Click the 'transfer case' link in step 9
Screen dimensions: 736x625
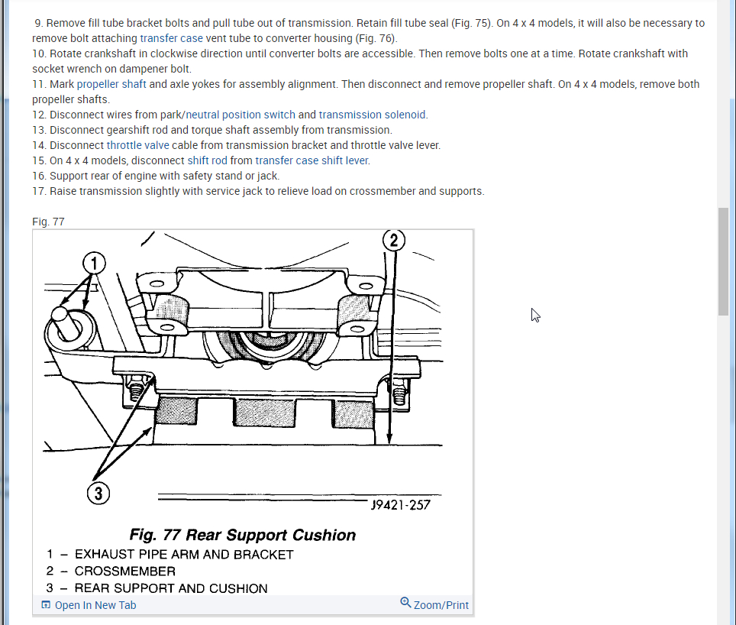171,38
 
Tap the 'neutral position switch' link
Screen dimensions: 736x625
240,115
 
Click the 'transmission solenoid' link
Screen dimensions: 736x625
373,115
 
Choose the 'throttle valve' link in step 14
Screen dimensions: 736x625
137,145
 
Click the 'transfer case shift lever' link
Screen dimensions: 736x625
312,160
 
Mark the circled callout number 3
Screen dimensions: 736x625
98,494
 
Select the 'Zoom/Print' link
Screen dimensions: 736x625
434,605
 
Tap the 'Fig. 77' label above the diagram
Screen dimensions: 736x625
48,222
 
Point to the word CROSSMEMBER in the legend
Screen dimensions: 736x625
124,572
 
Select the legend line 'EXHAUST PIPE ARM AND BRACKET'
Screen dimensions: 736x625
184,555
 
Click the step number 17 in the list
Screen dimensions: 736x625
39,191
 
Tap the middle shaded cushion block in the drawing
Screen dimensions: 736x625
264,413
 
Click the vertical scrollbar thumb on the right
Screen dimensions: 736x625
723,261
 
